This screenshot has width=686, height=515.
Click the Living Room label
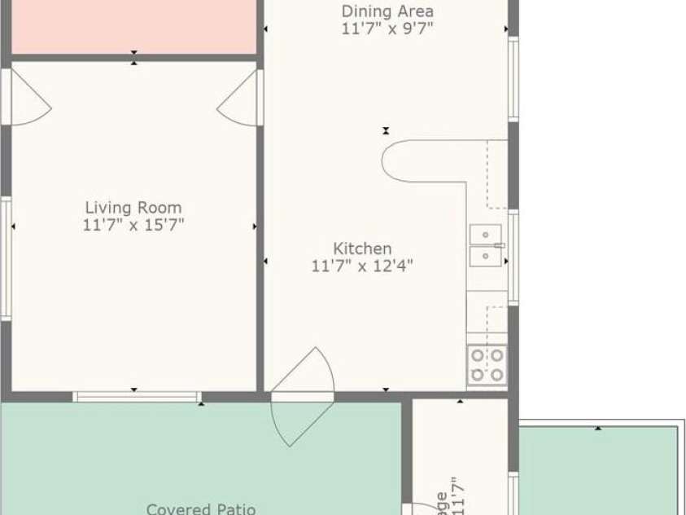click(133, 208)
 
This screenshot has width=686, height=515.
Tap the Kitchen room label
click(362, 248)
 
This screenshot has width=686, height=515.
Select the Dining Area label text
click(387, 11)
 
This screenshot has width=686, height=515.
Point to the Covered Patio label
click(200, 508)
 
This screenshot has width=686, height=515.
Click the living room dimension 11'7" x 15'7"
click(133, 225)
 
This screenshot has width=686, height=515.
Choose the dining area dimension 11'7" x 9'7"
click(387, 28)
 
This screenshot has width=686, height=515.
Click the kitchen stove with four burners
click(487, 365)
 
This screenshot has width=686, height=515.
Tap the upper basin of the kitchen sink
click(485, 235)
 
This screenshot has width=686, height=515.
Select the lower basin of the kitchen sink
click(485, 257)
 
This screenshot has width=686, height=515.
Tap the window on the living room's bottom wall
click(137, 397)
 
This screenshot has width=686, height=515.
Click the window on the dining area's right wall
click(513, 78)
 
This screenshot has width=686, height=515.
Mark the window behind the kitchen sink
click(513, 257)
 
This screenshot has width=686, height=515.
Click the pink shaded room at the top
click(133, 26)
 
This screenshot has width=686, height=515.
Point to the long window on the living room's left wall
click(6, 257)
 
